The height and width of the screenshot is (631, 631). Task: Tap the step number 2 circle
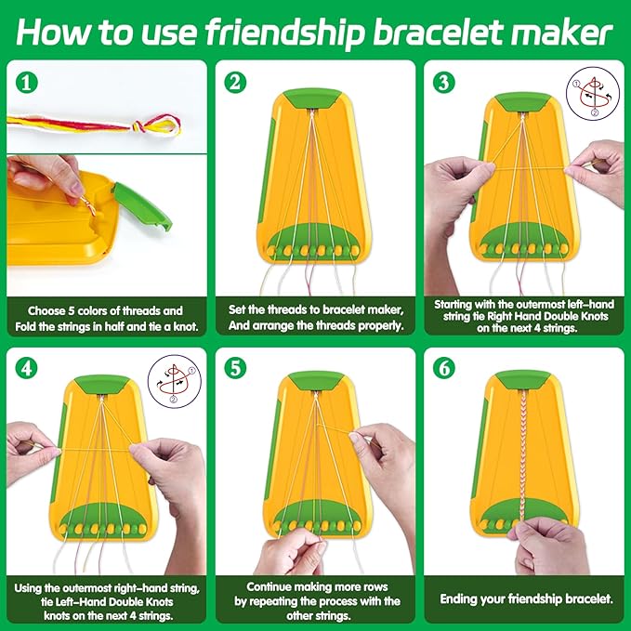pos(236,83)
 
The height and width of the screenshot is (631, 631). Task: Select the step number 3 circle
pos(444,83)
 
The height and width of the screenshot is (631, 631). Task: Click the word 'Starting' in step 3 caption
pos(460,302)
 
